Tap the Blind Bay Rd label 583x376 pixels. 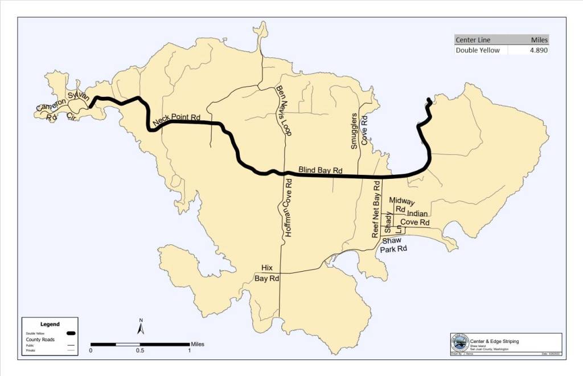pyautogui.click(x=321, y=170)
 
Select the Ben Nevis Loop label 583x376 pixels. pyautogui.click(x=283, y=111)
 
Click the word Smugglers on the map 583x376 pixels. pyautogui.click(x=354, y=130)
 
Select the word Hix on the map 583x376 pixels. pyautogui.click(x=267, y=268)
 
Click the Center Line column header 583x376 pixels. pyautogui.click(x=473, y=40)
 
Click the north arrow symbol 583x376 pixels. pyautogui.click(x=141, y=327)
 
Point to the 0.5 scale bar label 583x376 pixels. pyautogui.click(x=140, y=350)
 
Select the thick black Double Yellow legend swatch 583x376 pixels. pyautogui.click(x=71, y=333)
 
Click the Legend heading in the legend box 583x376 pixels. pyautogui.click(x=50, y=324)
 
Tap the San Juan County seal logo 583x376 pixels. pyautogui.click(x=459, y=343)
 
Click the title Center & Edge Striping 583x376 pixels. pyautogui.click(x=498, y=341)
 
